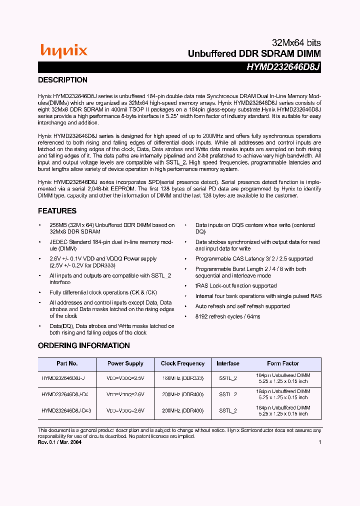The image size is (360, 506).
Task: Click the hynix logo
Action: click(x=63, y=50)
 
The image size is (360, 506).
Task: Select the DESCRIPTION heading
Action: click(x=63, y=80)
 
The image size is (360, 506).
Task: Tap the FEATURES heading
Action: click(x=57, y=211)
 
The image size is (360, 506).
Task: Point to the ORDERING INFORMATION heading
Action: click(x=84, y=345)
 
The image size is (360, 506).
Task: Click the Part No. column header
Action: click(x=66, y=363)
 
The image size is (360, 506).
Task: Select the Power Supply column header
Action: click(x=125, y=363)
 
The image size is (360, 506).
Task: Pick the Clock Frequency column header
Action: click(x=182, y=363)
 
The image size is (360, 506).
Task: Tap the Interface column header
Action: click(x=228, y=363)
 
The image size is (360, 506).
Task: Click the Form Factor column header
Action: click(x=283, y=363)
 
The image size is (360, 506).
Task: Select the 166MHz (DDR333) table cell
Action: click(x=182, y=378)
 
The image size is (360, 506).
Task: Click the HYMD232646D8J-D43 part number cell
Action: click(x=66, y=410)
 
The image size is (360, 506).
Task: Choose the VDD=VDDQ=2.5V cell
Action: click(x=125, y=378)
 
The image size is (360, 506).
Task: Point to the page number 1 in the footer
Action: click(x=319, y=442)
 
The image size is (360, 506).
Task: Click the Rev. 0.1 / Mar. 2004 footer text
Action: click(x=60, y=442)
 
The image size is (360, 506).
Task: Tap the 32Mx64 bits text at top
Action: click(x=296, y=43)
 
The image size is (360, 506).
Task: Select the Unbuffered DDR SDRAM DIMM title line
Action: click(x=254, y=54)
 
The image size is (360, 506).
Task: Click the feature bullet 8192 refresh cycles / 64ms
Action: click(x=227, y=316)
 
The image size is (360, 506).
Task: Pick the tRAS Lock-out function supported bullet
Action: click(x=235, y=286)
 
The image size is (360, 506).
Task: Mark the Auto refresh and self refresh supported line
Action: click(x=242, y=306)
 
